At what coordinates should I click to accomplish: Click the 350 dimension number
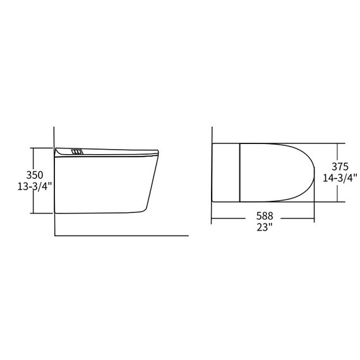(35, 175)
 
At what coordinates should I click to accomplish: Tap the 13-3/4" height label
(35, 187)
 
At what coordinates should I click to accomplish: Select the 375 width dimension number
(340, 167)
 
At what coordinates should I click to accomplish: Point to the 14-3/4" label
(340, 178)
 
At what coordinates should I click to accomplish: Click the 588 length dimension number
(265, 216)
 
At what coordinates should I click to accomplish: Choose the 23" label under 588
(264, 227)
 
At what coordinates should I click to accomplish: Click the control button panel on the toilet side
(76, 152)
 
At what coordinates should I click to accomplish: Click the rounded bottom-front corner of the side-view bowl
(143, 210)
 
